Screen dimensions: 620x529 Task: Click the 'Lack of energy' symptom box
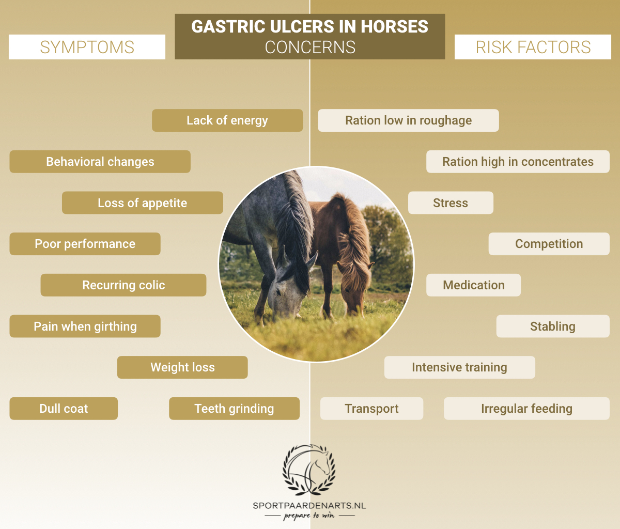[227, 120]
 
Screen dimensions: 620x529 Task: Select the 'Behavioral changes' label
[100, 162]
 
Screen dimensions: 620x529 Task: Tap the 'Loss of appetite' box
[143, 203]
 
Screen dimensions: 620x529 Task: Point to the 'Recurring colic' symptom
[123, 285]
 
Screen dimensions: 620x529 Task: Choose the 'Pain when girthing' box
[85, 326]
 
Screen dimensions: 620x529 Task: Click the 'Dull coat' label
[64, 409]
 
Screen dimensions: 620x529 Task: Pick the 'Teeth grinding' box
[234, 409]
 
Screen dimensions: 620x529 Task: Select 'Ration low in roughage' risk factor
[408, 120]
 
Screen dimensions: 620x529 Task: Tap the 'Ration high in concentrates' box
[518, 162]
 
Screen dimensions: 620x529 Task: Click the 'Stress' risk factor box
[451, 203]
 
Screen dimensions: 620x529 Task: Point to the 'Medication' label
[473, 285]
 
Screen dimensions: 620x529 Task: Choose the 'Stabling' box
[553, 326]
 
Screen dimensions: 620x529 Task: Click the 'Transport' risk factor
[371, 409]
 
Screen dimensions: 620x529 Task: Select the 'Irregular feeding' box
[526, 409]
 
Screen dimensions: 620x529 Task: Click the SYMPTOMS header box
[87, 47]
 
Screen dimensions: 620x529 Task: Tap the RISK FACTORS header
[533, 47]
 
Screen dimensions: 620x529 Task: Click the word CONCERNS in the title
[310, 48]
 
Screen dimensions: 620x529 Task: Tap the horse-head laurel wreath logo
[309, 469]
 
